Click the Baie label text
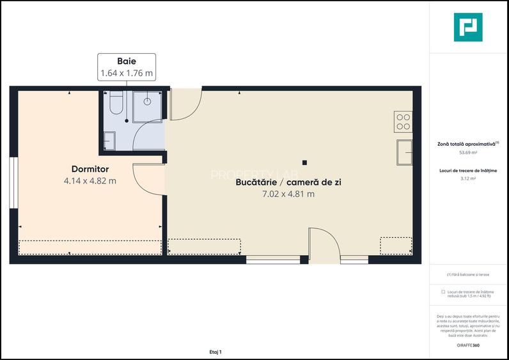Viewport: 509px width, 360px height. pyautogui.click(x=127, y=62)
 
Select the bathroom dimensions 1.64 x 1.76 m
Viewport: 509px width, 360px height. pyautogui.click(x=127, y=74)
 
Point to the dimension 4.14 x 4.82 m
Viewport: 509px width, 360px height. pyautogui.click(x=90, y=181)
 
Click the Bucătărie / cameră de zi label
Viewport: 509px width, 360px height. pyautogui.click(x=288, y=182)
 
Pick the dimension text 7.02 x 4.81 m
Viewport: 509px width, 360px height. pyautogui.click(x=288, y=194)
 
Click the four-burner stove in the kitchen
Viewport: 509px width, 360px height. pyautogui.click(x=403, y=121)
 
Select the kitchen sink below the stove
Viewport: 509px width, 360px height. pyautogui.click(x=404, y=152)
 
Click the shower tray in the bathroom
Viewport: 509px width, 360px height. pyautogui.click(x=148, y=104)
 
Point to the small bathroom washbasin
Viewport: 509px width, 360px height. pyautogui.click(x=109, y=139)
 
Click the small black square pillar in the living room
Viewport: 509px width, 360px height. pyautogui.click(x=305, y=162)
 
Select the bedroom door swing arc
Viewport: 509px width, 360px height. pyautogui.click(x=146, y=178)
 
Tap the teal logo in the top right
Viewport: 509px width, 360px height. pyautogui.click(x=468, y=27)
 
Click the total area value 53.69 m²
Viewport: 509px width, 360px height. pyautogui.click(x=468, y=153)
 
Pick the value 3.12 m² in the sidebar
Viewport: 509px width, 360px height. pyautogui.click(x=468, y=179)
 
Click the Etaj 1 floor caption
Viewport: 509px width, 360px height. pyautogui.click(x=215, y=352)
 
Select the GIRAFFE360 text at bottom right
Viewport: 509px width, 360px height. pyautogui.click(x=468, y=346)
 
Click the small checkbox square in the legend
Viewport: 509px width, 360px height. pyautogui.click(x=443, y=292)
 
